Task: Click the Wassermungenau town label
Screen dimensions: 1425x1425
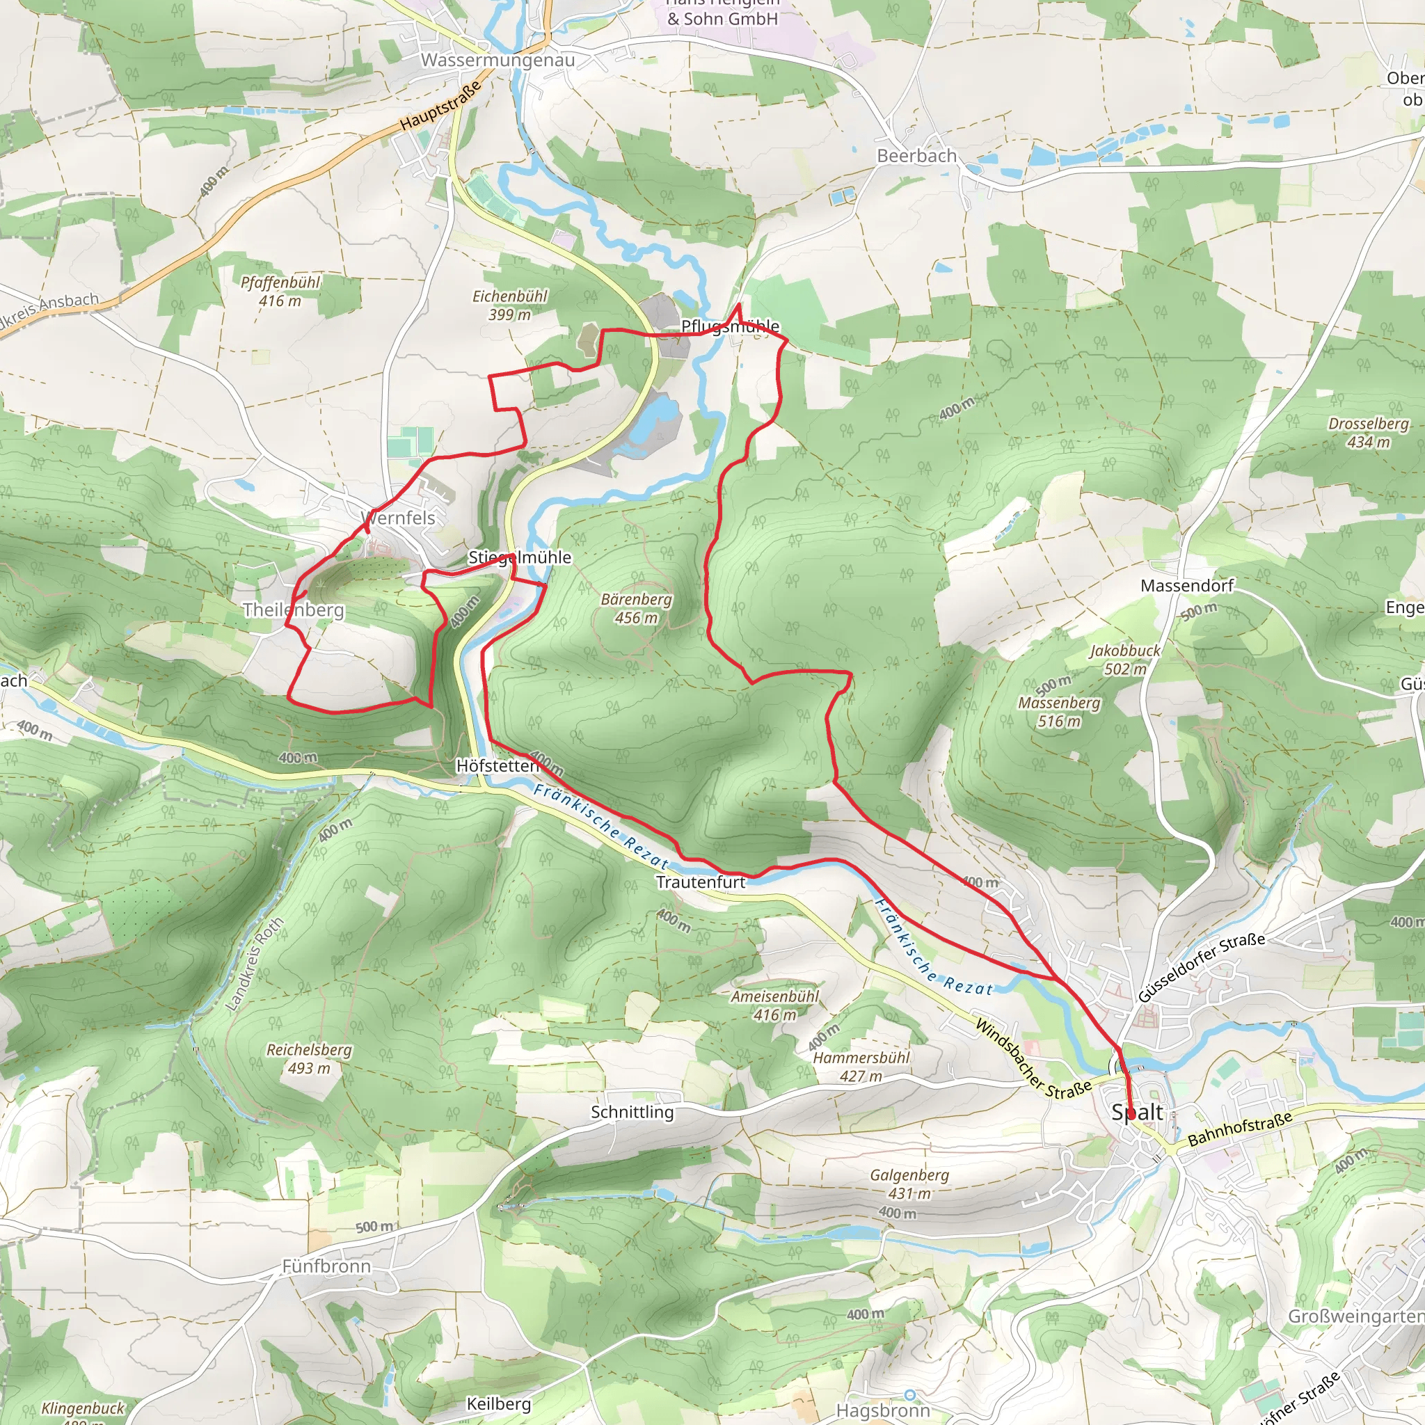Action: coord(498,61)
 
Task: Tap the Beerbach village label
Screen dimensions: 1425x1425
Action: coord(916,157)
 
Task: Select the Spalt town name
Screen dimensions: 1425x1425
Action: coord(1137,1113)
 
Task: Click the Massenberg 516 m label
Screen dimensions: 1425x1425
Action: coord(1058,712)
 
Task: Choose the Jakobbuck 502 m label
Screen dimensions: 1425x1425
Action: coord(1124,660)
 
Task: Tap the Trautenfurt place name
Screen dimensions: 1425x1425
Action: coord(700,882)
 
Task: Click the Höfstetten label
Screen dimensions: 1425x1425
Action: coord(497,765)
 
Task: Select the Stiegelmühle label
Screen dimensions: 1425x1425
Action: coord(519,557)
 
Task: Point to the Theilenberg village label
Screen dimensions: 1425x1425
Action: coord(294,610)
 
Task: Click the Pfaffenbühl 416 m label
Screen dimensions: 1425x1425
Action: coord(280,292)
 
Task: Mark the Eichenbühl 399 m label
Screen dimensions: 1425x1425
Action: coord(509,305)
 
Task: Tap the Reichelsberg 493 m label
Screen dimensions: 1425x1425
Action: coord(309,1058)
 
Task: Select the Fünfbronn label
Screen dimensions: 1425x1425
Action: coord(326,1266)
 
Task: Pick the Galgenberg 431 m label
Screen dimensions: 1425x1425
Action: coord(909,1184)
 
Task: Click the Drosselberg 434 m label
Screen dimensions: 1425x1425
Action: coord(1368,433)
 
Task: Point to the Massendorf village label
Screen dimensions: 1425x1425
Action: coord(1187,586)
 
